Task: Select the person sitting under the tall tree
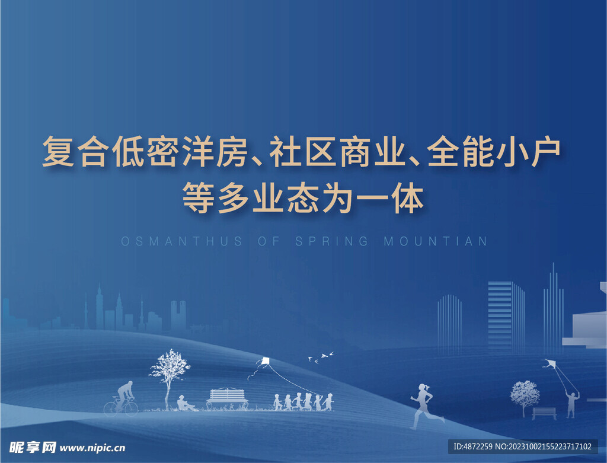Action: [x=185, y=403]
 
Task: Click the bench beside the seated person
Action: [x=228, y=398]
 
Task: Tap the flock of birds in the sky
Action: [x=320, y=357]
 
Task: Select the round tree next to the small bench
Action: [x=525, y=394]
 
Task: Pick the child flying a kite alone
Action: [x=571, y=404]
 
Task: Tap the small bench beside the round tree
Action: [x=544, y=413]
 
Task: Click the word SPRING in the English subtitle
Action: [x=331, y=242]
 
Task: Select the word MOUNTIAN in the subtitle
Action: [x=436, y=242]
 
